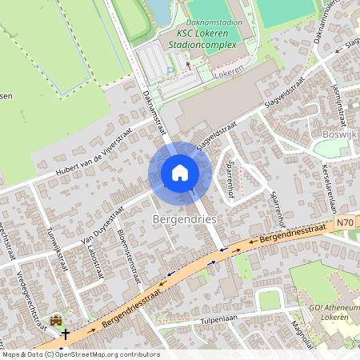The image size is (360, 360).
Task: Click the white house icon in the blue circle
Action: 180,172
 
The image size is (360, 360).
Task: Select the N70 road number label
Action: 345,224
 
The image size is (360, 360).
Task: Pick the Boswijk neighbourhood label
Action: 337,134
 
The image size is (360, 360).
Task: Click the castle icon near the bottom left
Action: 56,321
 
